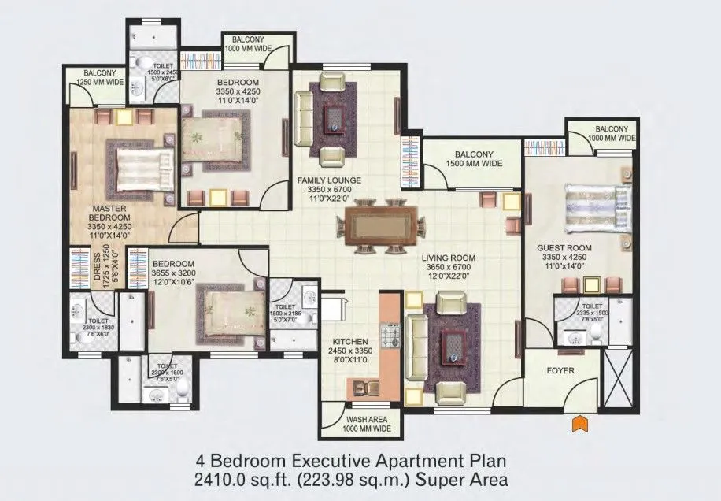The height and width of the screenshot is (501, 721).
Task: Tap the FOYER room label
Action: (x=560, y=370)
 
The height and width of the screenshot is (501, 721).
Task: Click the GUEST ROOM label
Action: (x=564, y=247)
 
